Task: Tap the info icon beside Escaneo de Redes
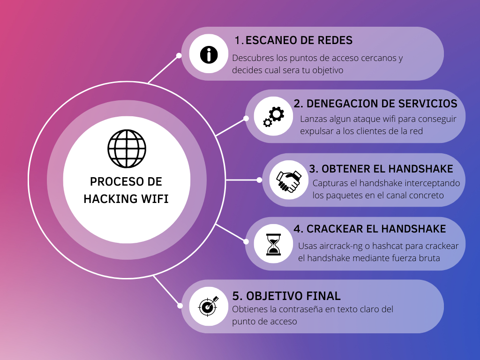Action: point(209,55)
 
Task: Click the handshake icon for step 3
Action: point(288,180)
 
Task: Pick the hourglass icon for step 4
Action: point(273,244)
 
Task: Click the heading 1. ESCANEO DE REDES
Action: point(293,40)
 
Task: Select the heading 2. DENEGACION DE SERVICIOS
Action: point(375,103)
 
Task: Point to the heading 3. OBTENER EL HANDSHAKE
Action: point(381,168)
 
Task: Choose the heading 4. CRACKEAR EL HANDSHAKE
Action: point(370,229)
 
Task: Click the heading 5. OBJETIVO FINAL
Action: point(286,296)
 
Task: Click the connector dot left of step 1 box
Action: point(179,55)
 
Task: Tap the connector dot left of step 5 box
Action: point(179,306)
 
